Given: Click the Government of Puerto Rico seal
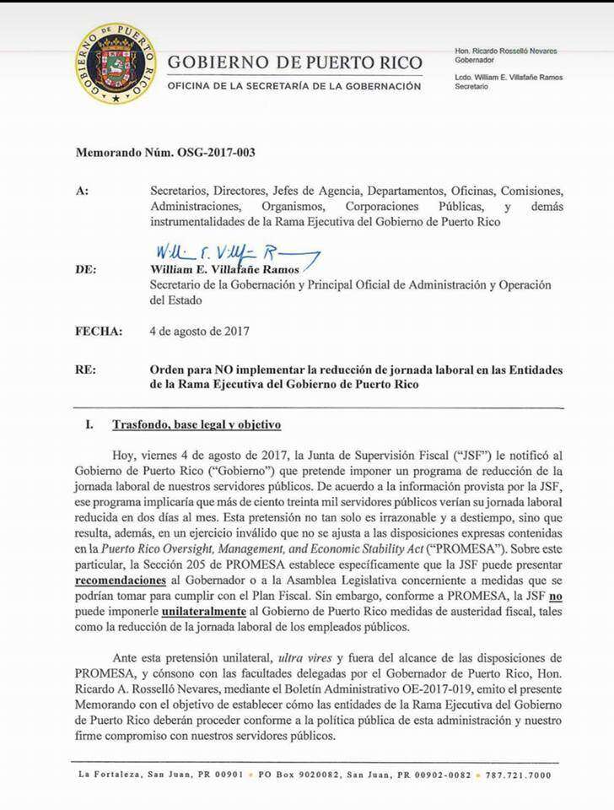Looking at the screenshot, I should pos(115,62).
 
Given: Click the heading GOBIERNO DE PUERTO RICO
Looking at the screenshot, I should pos(294,62).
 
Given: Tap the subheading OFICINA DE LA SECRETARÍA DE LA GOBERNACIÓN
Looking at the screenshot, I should pos(294,86).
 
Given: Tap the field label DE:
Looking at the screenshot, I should pos(86,270).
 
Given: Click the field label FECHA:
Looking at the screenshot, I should pos(99,332).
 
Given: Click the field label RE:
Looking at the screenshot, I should pos(86,370).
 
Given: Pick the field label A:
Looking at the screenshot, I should pos(82,192).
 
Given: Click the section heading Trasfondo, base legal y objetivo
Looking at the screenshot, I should pos(197,424).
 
